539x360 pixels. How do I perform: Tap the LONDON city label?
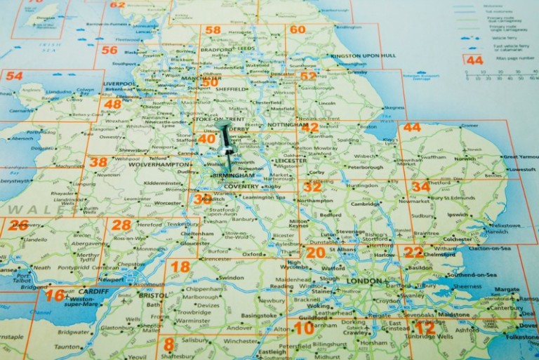pos(362,281)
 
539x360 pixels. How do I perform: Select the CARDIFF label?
pos(93,291)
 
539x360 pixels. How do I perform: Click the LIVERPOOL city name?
pos(119,84)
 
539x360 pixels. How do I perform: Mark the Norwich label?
pos(465,159)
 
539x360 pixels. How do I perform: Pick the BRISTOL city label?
pos(154,296)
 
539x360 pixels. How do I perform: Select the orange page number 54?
pos(14,76)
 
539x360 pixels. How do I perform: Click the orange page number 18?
pos(180,267)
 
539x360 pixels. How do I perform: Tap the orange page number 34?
pos(420,187)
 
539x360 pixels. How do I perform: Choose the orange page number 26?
pos(18,225)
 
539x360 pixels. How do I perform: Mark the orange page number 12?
pos(425,327)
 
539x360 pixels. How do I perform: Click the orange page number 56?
pos(109,50)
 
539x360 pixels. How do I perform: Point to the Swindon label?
pos(232,278)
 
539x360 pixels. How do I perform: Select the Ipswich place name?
pos(458,214)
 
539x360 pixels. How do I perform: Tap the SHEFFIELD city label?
pos(231,90)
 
